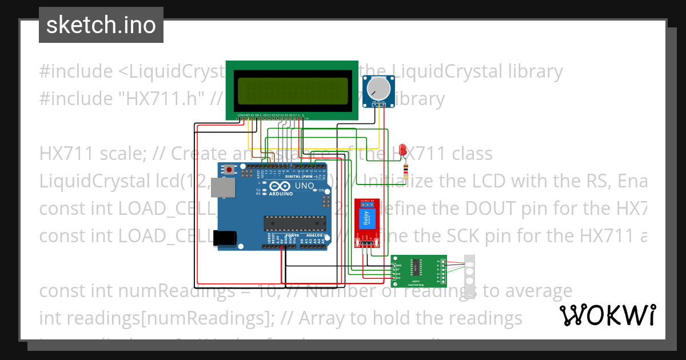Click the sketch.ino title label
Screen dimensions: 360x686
[101, 25]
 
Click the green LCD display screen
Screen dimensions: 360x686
[292, 90]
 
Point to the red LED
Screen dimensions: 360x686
[404, 150]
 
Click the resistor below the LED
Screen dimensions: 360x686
[406, 171]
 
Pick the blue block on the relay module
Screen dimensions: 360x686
[366, 219]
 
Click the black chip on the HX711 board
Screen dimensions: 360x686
[416, 267]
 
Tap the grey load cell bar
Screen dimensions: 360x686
[470, 275]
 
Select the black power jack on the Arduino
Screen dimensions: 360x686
[224, 238]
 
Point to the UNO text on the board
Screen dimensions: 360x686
[304, 186]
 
